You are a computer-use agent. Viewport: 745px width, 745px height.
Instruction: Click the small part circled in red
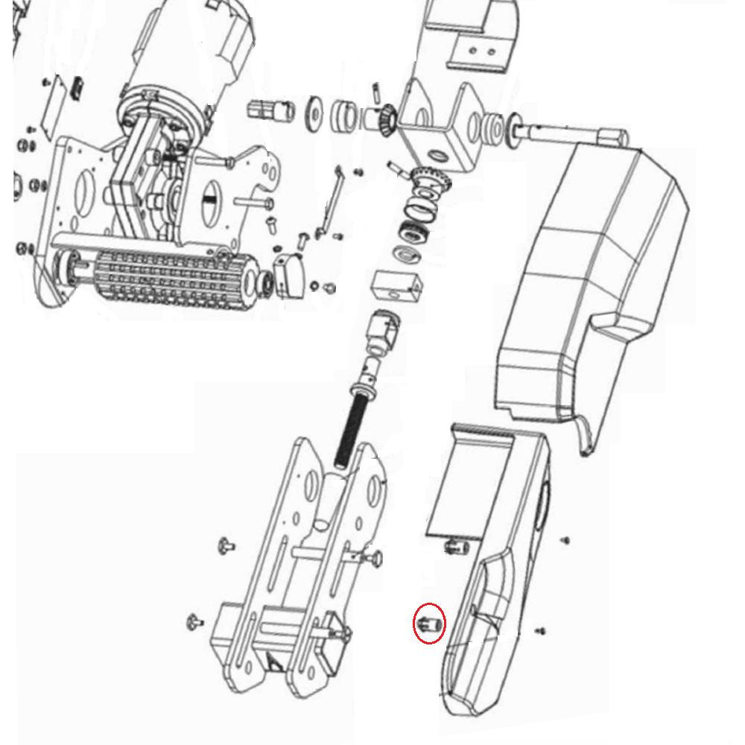coord(429,624)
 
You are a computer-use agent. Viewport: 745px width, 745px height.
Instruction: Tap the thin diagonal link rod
coord(329,201)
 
